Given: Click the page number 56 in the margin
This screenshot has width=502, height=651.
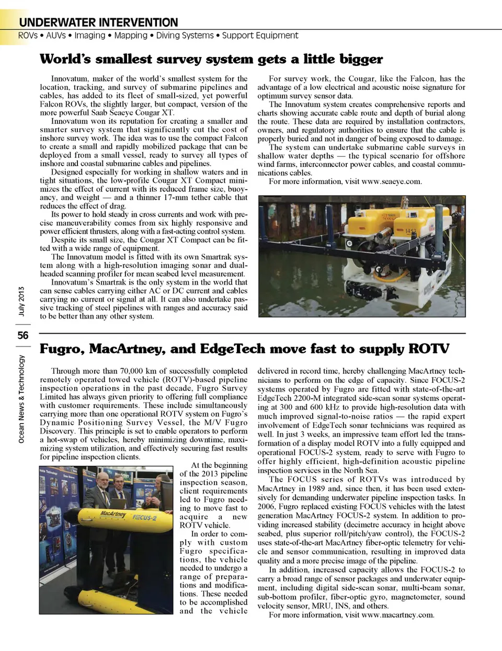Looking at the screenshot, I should [23, 335].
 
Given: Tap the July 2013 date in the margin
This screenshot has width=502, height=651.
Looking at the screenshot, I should [21, 302].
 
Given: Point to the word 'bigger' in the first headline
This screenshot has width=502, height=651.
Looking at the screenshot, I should [361, 59].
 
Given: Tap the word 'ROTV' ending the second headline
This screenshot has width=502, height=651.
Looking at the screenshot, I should [428, 349].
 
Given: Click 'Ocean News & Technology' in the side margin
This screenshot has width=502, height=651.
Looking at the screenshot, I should [21, 399].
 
